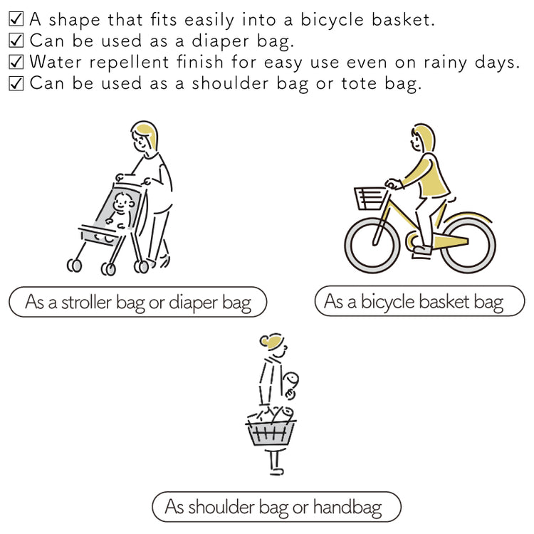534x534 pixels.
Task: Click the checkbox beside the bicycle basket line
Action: tap(16, 19)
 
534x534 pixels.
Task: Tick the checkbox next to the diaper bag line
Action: tap(16, 40)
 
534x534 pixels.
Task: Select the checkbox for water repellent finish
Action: tap(16, 62)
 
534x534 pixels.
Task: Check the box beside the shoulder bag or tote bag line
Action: tap(16, 83)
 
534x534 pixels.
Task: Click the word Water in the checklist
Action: tap(56, 62)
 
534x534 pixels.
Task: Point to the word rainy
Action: tap(445, 63)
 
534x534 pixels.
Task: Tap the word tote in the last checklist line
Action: tap(360, 83)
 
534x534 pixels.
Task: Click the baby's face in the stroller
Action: tap(122, 203)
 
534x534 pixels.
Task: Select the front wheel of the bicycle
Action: tap(372, 244)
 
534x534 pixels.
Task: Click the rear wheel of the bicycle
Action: tap(468, 244)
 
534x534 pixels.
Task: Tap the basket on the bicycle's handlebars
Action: tap(370, 199)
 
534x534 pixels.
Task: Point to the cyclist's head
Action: tap(422, 139)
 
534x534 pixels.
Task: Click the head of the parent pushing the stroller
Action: tap(145, 139)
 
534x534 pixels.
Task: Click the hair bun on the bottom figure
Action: tap(265, 340)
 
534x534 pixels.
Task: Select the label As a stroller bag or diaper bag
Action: tap(138, 302)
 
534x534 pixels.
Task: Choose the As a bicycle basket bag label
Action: tap(420, 301)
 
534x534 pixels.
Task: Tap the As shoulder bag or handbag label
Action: tap(276, 507)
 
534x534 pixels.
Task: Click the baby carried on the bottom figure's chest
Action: tap(291, 384)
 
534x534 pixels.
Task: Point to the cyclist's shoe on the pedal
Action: tap(422, 251)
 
